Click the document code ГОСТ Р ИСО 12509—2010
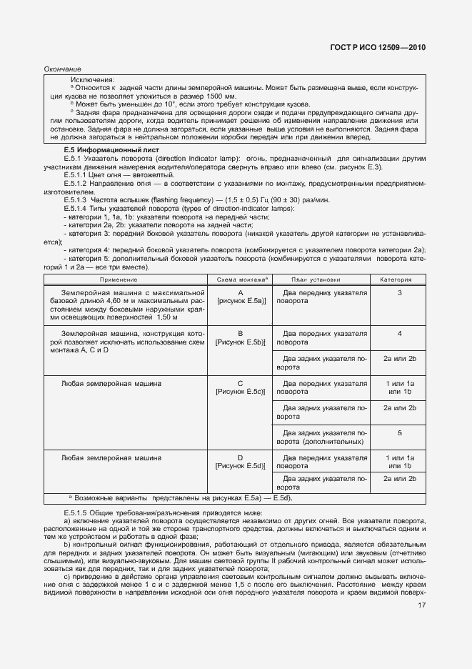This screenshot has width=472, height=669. click(x=388, y=47)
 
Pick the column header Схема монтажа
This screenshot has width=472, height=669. click(x=240, y=280)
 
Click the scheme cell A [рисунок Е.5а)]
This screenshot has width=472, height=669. click(x=241, y=298)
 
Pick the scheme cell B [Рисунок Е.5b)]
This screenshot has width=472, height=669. click(x=241, y=338)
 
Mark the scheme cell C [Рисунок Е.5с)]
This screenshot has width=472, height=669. click(x=241, y=388)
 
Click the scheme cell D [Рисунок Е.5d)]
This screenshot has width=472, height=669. click(x=241, y=462)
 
